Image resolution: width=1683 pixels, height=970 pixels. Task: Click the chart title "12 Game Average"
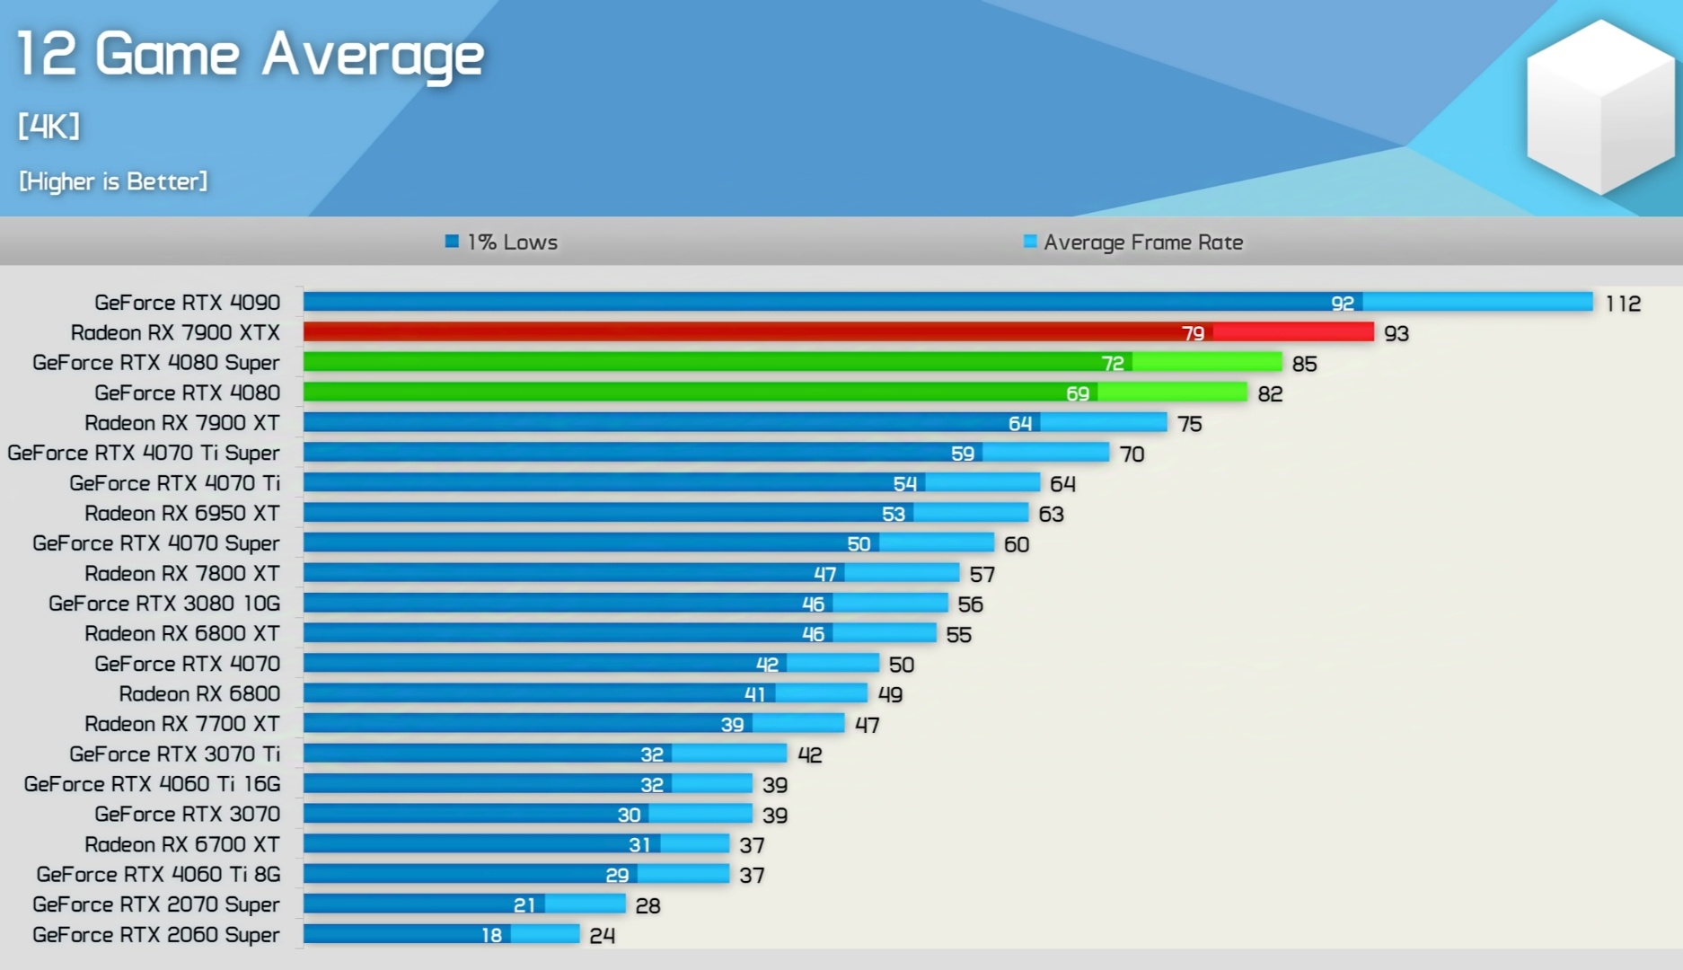250,55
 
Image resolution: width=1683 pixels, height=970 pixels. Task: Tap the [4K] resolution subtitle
49,126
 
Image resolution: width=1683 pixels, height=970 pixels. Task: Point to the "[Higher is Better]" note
113,181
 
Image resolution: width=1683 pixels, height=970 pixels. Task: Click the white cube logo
1600,106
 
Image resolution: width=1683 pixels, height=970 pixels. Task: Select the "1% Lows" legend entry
502,242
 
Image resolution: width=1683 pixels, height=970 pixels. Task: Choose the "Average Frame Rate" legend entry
1133,242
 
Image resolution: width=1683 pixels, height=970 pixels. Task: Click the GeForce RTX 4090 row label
187,303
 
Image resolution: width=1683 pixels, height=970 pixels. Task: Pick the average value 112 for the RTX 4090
1623,304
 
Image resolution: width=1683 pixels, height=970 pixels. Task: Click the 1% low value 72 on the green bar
1112,363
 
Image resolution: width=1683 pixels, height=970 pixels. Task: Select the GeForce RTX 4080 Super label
156,363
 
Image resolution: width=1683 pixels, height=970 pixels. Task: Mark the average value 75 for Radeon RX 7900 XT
1189,424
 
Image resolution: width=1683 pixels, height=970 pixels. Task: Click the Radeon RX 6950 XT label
182,514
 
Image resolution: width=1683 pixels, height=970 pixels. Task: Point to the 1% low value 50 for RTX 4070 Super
859,544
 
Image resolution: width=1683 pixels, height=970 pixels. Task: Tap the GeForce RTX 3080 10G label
164,604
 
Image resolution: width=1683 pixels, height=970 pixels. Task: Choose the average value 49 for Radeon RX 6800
889,694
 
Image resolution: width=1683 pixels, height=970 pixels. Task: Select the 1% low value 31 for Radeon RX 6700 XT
639,845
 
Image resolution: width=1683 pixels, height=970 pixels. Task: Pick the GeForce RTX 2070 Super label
156,904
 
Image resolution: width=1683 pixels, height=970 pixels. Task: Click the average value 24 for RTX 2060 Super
602,936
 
